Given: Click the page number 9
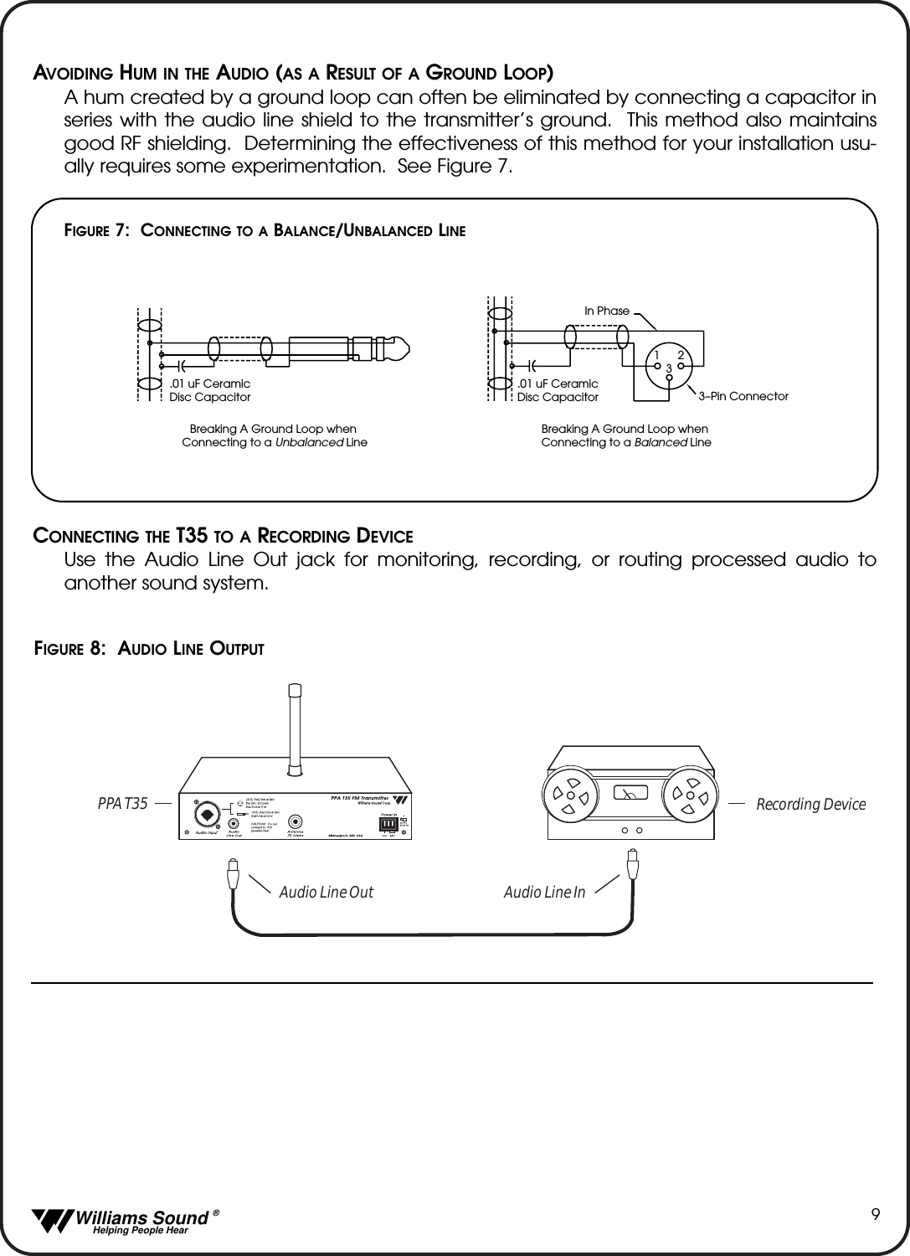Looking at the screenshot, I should click(x=875, y=1214).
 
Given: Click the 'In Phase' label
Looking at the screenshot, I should click(x=606, y=311).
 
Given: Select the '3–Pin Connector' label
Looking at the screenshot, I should click(x=743, y=395).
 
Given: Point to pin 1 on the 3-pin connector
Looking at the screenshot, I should click(x=659, y=364).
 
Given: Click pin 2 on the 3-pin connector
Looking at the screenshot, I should click(x=681, y=364).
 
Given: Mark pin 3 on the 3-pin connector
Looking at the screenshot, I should click(x=670, y=377).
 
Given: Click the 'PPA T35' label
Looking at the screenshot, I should click(x=122, y=804).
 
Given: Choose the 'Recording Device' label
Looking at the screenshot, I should click(x=810, y=804).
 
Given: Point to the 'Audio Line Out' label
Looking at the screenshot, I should click(x=326, y=893).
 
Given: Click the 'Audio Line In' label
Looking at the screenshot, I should click(x=544, y=893).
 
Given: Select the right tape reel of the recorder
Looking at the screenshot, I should click(x=691, y=793).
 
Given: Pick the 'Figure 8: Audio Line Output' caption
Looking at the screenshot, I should click(x=149, y=648).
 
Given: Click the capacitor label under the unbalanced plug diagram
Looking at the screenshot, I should click(x=209, y=390).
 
